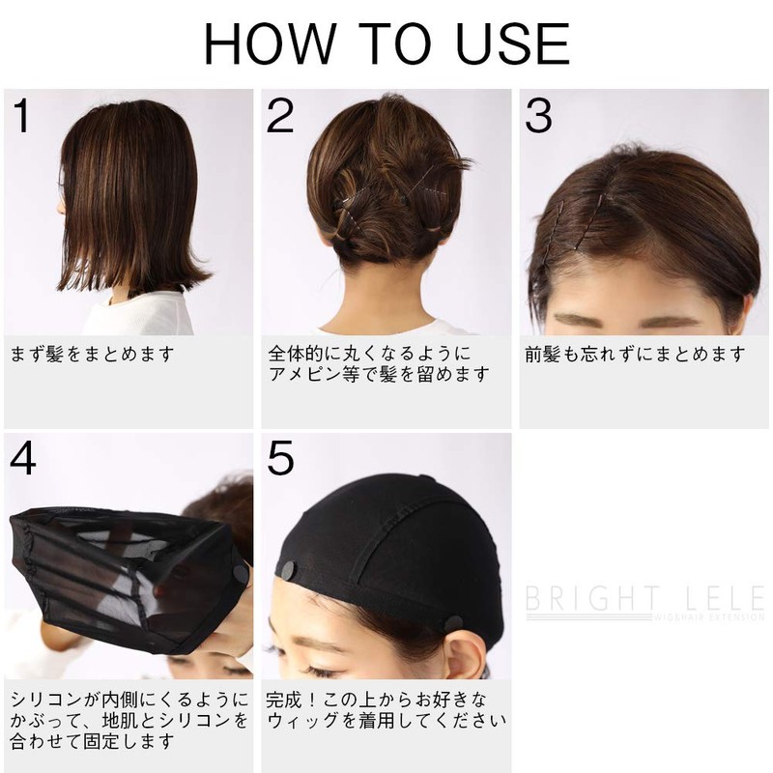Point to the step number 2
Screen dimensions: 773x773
click(280, 117)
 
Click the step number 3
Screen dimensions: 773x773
click(538, 117)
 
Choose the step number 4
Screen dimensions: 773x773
click(24, 459)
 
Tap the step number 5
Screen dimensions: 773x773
click(280, 459)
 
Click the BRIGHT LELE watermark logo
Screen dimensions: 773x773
click(644, 600)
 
